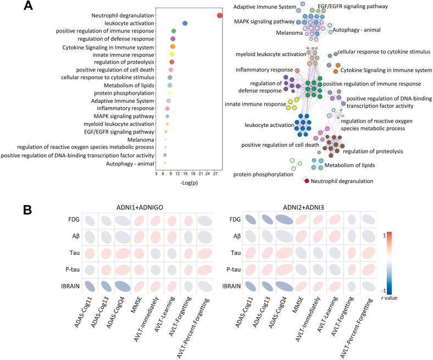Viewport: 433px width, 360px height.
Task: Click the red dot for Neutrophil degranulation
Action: (x=219, y=15)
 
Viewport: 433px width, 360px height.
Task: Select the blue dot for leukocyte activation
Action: (x=185, y=23)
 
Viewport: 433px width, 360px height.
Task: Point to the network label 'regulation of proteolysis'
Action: (x=374, y=151)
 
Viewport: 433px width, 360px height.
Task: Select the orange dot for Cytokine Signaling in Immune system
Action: (x=173, y=47)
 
